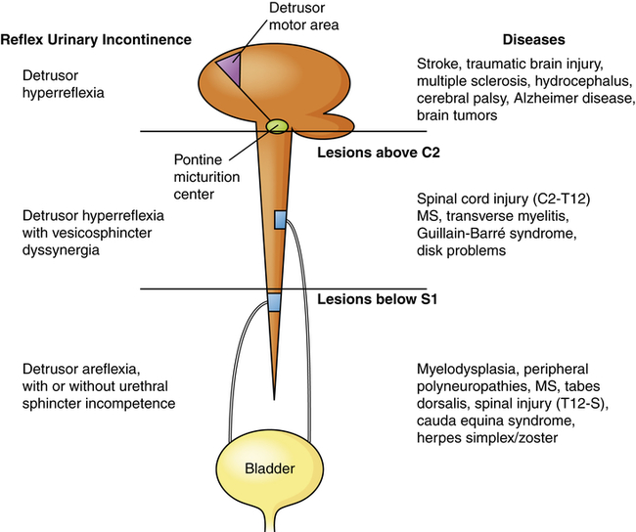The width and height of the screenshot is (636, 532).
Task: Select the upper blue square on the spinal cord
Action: click(x=281, y=220)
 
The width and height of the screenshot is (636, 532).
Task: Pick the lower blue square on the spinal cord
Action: click(x=275, y=302)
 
